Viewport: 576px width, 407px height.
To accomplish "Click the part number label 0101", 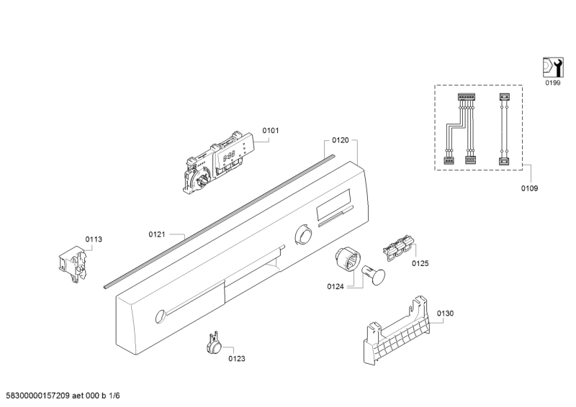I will coord(271,130).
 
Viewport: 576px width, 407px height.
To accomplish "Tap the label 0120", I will coord(341,141).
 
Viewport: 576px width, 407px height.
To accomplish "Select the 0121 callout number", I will coord(157,234).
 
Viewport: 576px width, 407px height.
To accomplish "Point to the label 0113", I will coord(94,239).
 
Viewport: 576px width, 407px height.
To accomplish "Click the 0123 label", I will coord(237,358).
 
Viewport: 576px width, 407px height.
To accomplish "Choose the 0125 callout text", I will coord(420,264).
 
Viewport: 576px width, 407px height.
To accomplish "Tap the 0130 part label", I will coord(445,314).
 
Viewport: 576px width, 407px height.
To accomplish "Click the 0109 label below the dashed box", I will coord(530,188).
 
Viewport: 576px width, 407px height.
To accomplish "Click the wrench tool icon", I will coord(552,68).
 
